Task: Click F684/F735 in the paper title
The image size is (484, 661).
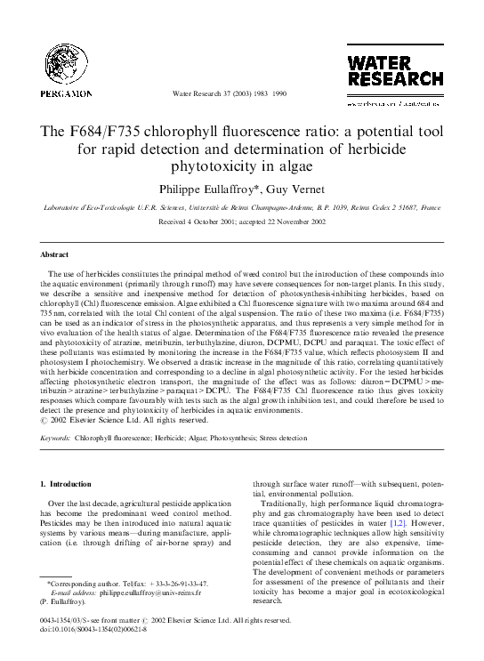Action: [x=109, y=131]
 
